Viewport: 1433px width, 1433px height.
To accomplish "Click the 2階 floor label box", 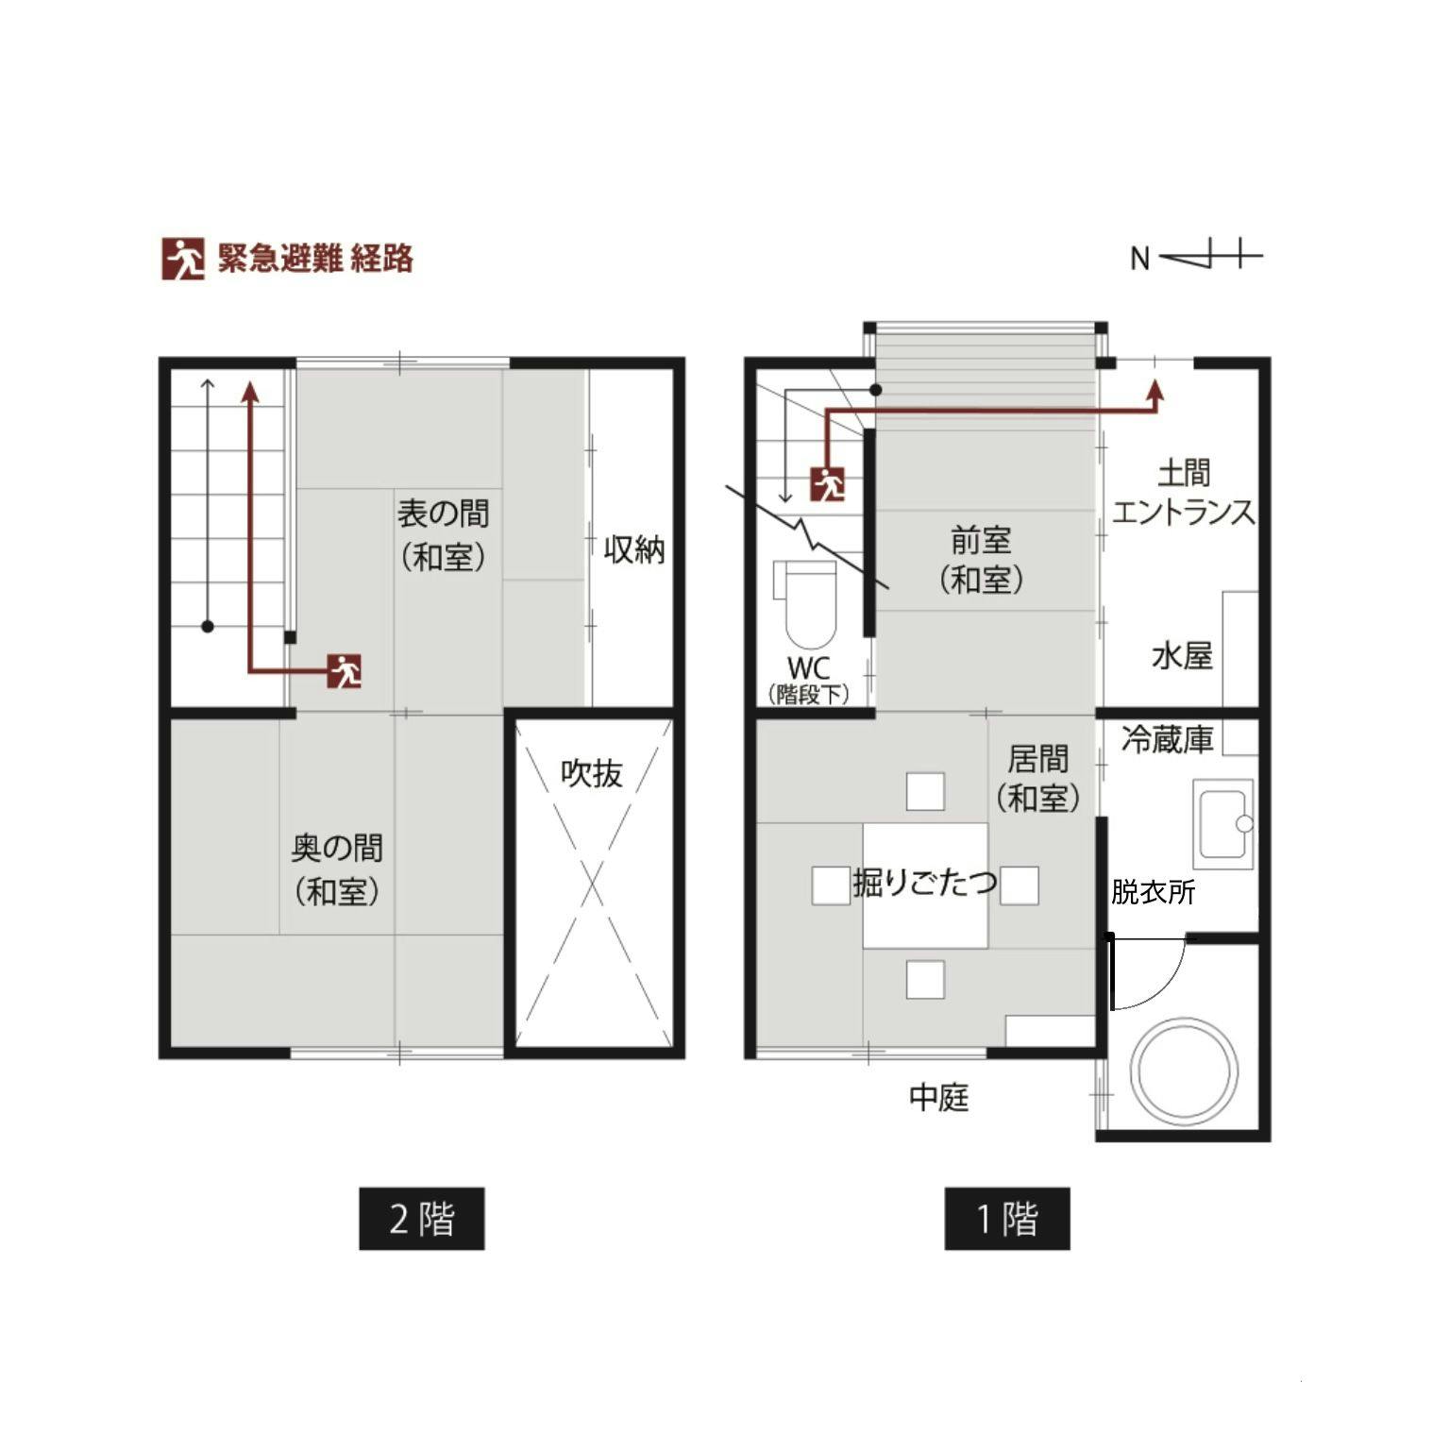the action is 421,1218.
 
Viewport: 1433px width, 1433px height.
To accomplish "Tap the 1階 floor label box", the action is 1006,1218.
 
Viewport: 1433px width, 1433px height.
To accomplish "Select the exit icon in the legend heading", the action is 183,258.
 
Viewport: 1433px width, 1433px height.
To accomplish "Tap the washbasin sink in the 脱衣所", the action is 1223,823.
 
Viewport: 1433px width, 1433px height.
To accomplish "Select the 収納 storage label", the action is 633,549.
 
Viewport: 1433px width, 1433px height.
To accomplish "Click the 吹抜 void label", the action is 592,773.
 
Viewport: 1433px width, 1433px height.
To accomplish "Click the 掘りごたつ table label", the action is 925,882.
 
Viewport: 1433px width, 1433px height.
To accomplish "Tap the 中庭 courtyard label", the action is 938,1097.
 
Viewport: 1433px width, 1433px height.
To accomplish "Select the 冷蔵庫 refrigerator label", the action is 1167,739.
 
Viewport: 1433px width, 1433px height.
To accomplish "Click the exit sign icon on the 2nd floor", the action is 345,670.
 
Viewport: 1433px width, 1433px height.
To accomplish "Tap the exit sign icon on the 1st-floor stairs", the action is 827,483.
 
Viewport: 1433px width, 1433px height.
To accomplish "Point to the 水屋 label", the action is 1182,655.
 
